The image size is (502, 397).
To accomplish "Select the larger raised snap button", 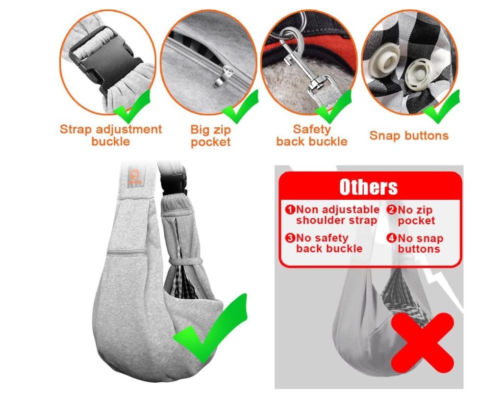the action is [383, 61].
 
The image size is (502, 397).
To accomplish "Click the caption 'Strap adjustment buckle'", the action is [111, 135].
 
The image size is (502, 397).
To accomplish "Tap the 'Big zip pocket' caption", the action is [211, 136].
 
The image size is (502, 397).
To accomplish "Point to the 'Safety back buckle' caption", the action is [311, 135].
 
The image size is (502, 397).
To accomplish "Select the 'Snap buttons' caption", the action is [409, 135].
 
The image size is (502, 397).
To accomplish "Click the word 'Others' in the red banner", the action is [369, 187].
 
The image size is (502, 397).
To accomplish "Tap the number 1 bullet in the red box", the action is [290, 210].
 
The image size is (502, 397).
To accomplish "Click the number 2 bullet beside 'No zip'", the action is [391, 210].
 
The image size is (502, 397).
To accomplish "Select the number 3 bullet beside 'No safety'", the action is [290, 238].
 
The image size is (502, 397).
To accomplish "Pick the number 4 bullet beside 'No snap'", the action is [391, 238].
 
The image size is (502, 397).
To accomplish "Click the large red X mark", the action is [423, 343].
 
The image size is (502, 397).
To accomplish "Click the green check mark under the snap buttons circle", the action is [443, 107].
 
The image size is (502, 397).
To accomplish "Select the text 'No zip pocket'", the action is [415, 215].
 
